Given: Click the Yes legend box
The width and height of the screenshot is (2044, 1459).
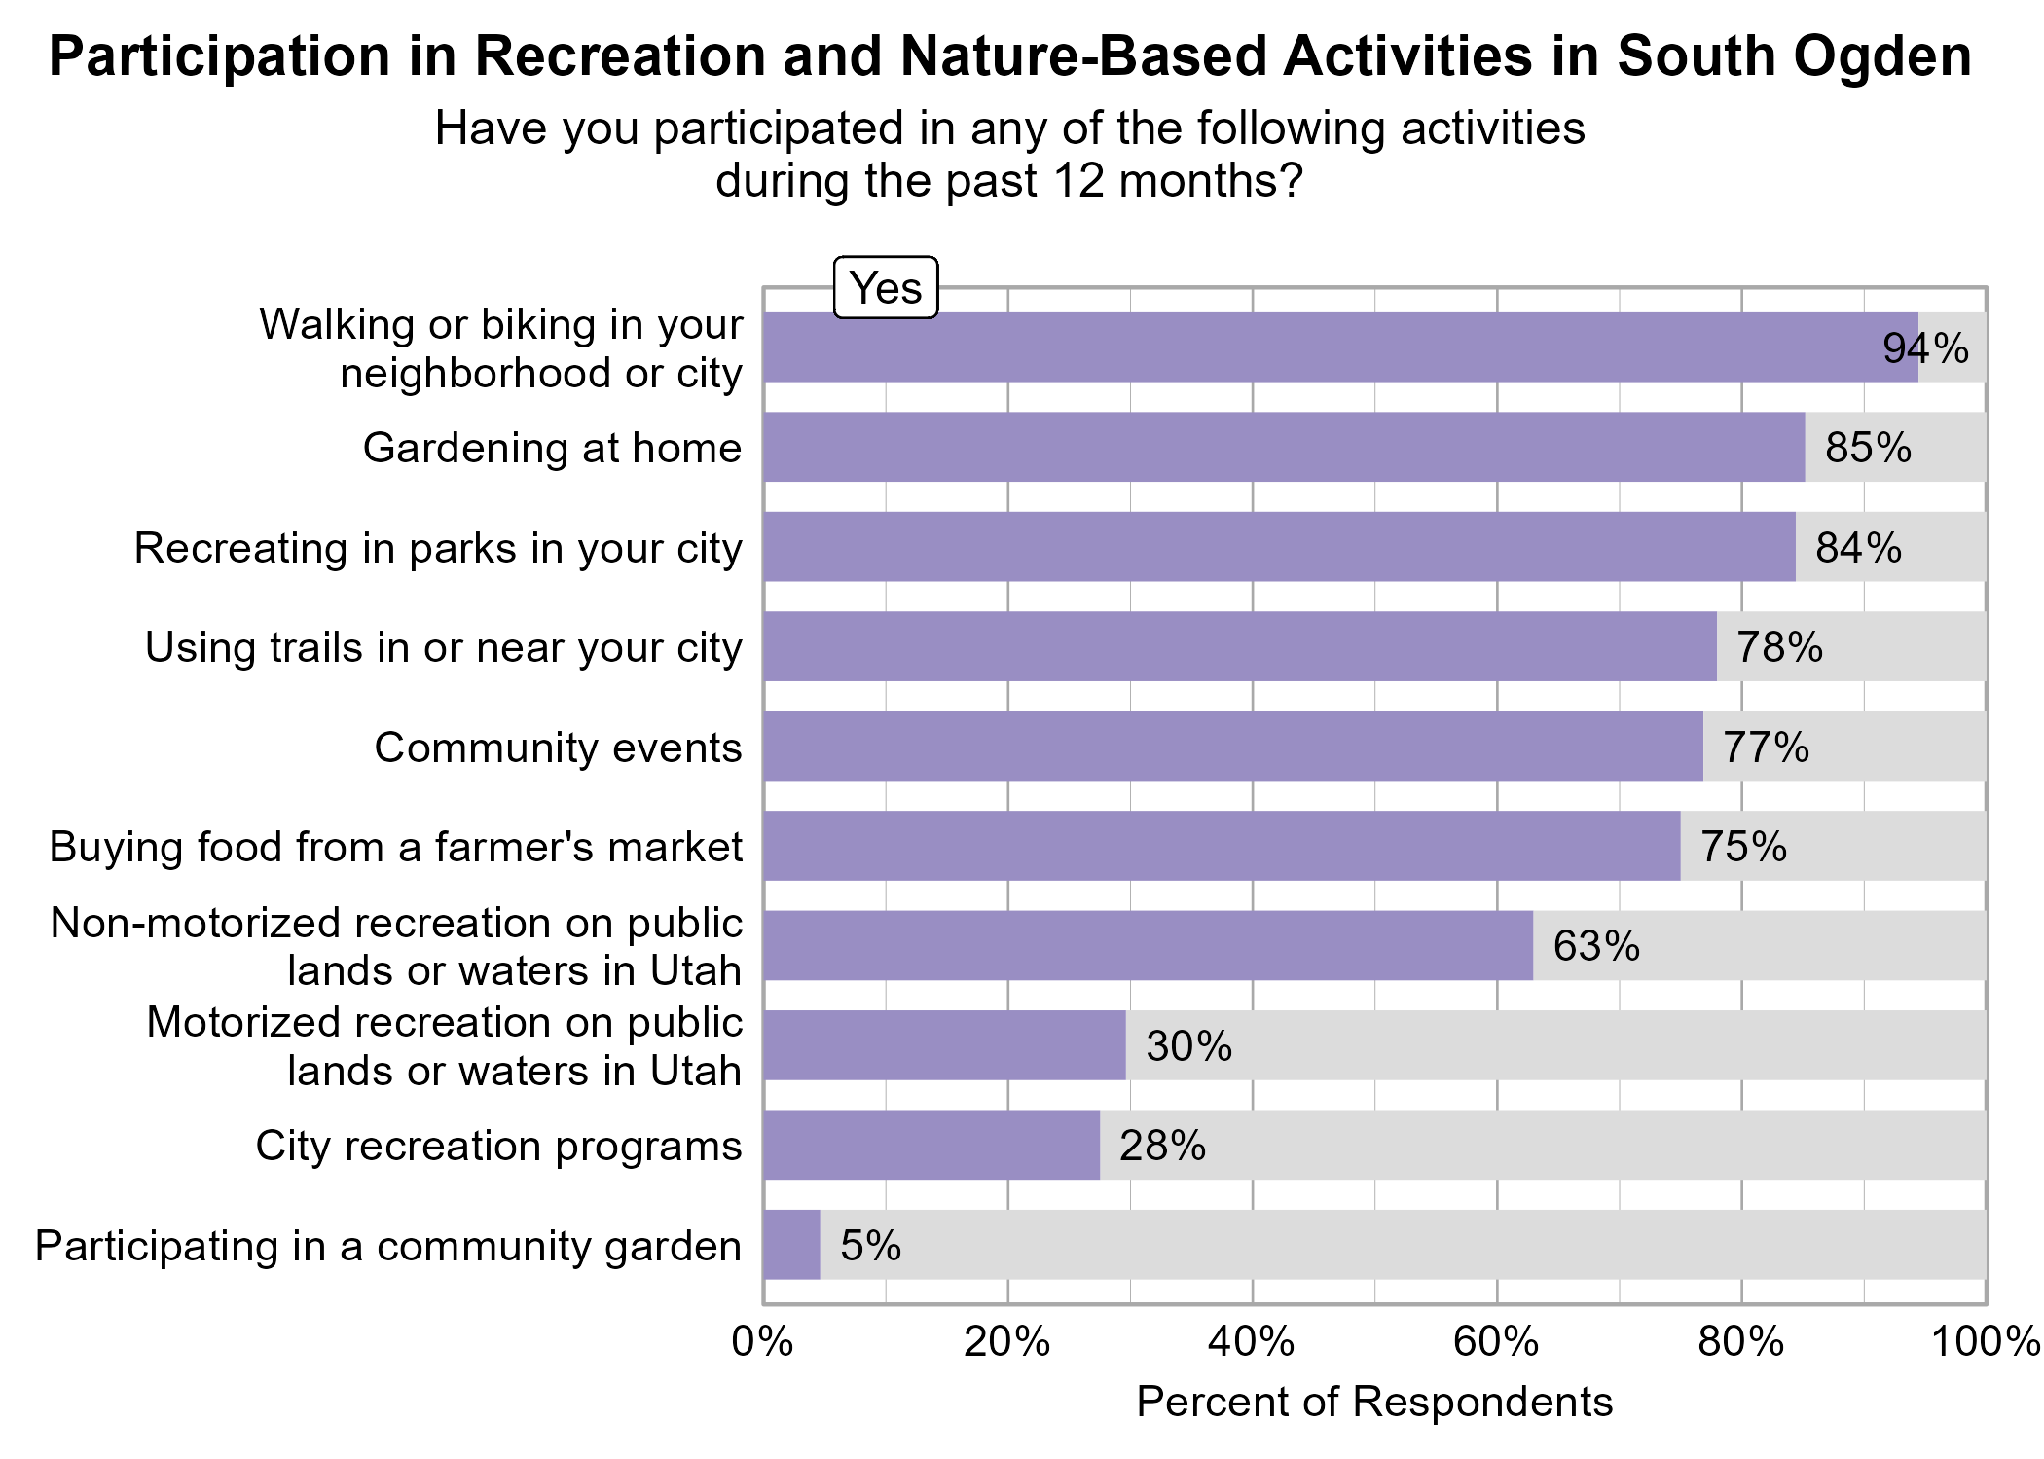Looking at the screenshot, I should (885, 288).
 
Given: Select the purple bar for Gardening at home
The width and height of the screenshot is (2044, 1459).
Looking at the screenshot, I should (1283, 447).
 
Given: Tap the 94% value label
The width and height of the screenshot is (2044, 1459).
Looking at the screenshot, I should (1924, 348).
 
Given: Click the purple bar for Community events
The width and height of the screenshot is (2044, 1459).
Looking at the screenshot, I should (1232, 747).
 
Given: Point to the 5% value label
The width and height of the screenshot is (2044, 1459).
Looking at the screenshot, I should (870, 1246).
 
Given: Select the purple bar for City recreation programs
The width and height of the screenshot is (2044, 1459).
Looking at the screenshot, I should (931, 1146).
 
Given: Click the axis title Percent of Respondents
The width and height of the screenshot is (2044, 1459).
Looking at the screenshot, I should (1373, 1403).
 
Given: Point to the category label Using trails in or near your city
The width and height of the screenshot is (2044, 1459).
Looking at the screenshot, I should (443, 648).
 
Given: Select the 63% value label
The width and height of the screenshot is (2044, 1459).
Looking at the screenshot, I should (1595, 946).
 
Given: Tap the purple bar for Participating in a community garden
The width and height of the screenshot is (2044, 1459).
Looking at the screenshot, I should (791, 1245).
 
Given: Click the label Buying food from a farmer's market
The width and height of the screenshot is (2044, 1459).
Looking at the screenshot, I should (395, 847).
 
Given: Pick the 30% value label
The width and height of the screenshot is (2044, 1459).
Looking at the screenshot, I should (1188, 1046).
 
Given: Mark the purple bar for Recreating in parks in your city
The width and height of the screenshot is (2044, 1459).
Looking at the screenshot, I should (1278, 547).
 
